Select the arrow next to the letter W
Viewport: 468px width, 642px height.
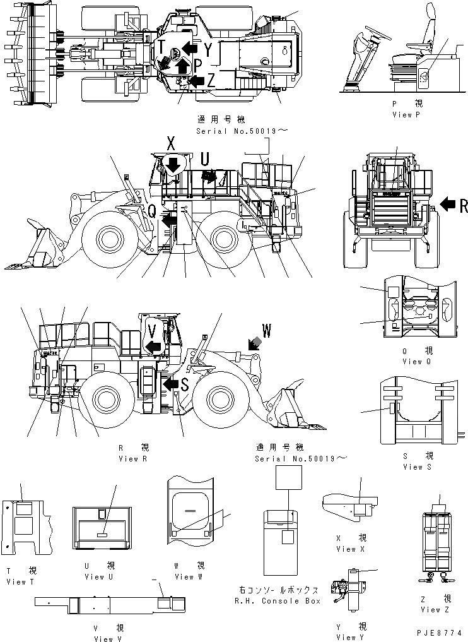(x=255, y=342)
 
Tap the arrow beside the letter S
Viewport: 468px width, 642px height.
(x=169, y=384)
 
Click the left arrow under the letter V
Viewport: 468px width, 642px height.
(x=152, y=345)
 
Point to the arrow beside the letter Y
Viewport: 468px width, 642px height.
(x=189, y=47)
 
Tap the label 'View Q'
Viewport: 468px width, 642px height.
(x=416, y=361)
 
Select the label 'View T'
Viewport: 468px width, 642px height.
(x=20, y=581)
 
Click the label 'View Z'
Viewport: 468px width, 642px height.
(x=435, y=609)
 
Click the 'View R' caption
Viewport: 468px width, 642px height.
(x=132, y=458)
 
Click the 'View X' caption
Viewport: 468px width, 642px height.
(x=346, y=549)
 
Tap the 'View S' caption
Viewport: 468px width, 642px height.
(x=416, y=467)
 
